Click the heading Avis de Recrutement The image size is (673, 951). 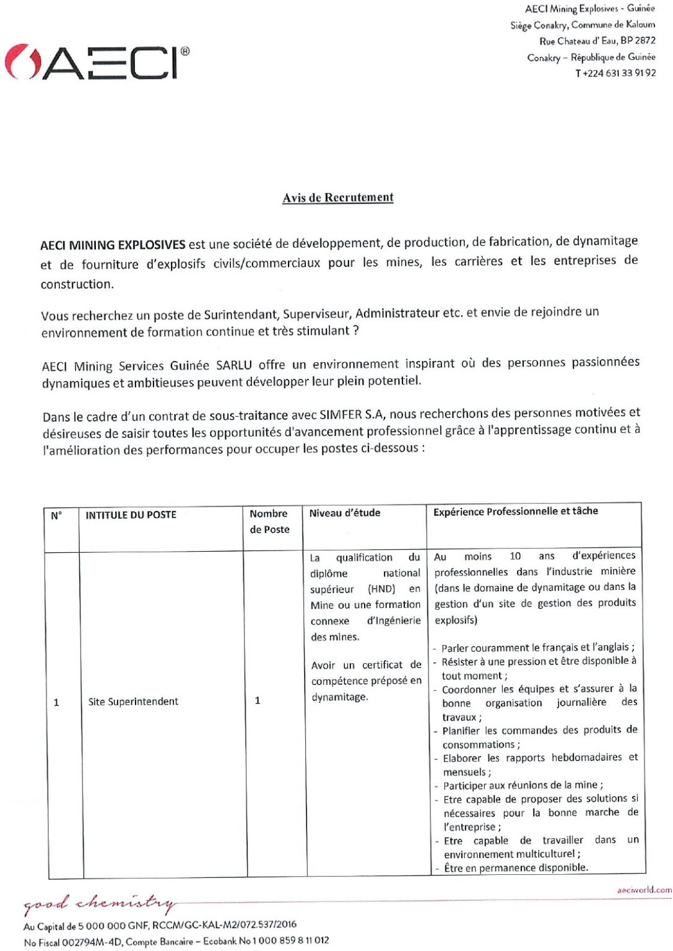338,198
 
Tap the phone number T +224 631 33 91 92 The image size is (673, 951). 615,73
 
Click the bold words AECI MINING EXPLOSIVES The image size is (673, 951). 113,245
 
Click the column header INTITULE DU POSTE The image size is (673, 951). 131,515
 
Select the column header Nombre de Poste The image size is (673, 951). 269,521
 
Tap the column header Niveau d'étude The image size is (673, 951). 345,513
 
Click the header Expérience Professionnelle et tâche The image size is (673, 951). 516,511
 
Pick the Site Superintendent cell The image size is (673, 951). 133,701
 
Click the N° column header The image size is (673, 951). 56,515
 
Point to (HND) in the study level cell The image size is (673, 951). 381,589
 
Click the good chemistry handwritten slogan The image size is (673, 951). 99,904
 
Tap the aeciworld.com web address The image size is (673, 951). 644,890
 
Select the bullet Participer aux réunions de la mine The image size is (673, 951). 523,785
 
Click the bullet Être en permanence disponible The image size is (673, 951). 516,867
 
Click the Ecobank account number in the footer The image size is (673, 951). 293,940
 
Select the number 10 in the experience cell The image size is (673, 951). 515,556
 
